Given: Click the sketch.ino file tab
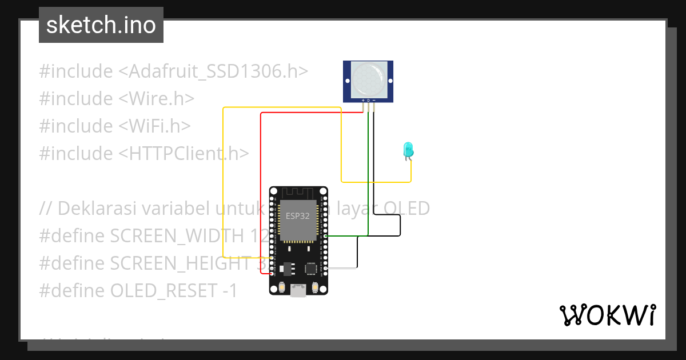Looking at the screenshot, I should point(101,25).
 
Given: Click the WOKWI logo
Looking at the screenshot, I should point(607,315).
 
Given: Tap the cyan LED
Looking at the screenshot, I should point(408,150).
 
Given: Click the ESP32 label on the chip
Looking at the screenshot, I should point(298,217).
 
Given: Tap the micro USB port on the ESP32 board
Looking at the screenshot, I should point(298,290).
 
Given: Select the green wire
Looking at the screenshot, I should point(369,171).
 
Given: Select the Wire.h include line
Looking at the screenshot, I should point(117,99).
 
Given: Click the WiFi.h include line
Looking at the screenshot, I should point(115,126).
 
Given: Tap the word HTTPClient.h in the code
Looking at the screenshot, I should point(189,153).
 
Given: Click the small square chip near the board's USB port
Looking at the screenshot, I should point(312,268).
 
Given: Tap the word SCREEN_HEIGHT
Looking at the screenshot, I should point(180,263).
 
